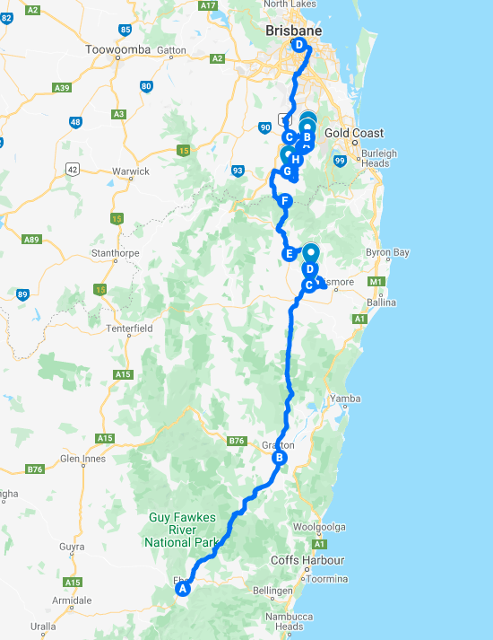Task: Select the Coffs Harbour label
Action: tap(307, 560)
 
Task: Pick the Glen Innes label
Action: tap(83, 459)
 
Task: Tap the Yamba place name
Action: tap(345, 398)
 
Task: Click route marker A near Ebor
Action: tap(183, 590)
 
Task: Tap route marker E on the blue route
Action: tap(290, 254)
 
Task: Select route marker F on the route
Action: tap(285, 201)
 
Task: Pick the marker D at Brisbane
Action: tap(298, 46)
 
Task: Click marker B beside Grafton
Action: tap(279, 458)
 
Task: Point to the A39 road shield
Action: tap(62, 87)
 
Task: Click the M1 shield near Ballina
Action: tap(376, 282)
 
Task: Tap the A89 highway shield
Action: tap(32, 239)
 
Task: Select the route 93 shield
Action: tap(238, 170)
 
